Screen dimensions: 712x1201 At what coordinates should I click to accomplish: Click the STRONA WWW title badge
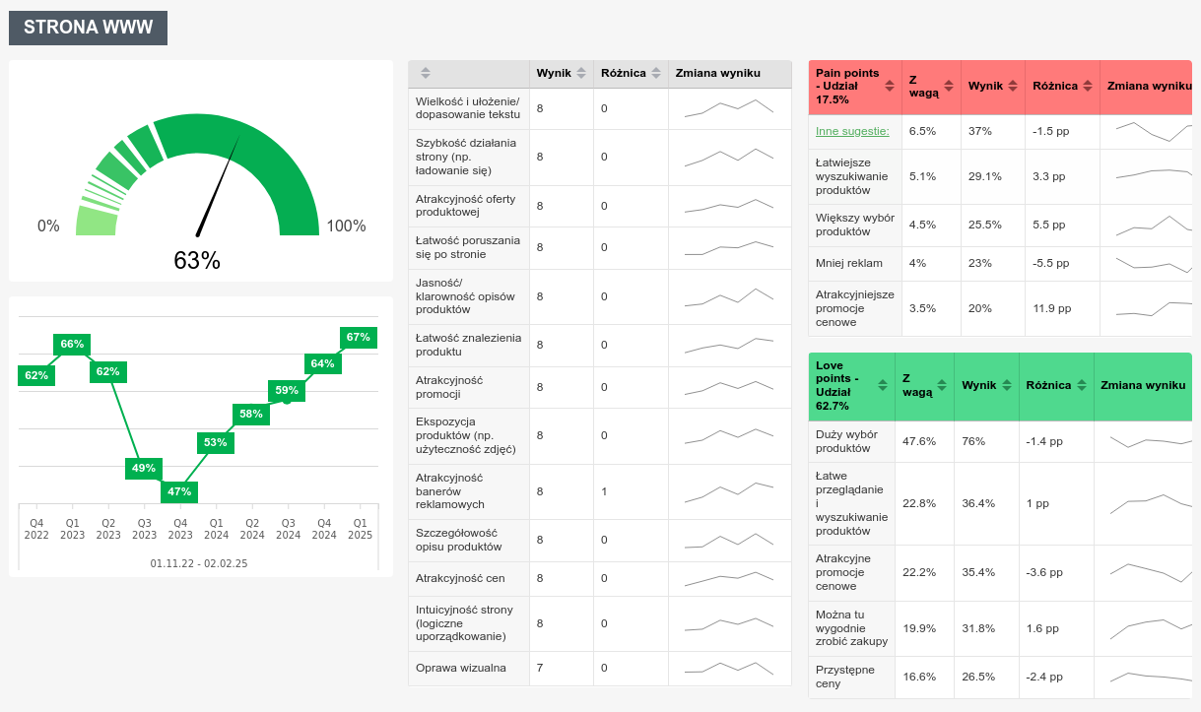tap(89, 28)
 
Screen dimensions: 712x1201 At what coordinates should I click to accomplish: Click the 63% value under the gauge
tap(197, 261)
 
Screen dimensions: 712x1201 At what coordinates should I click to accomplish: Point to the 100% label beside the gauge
tap(346, 226)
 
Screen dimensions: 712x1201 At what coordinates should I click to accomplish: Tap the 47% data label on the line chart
tap(179, 491)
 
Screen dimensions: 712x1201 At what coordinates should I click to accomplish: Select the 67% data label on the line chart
tap(359, 337)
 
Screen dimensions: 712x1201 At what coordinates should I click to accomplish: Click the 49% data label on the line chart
tap(144, 468)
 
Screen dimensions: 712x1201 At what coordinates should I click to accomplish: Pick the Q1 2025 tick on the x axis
tap(361, 529)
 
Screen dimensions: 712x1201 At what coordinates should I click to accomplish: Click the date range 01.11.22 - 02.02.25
tap(199, 563)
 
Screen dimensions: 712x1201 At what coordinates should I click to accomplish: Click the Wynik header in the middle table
tap(554, 73)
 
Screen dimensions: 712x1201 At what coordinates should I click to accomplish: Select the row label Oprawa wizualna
tap(461, 668)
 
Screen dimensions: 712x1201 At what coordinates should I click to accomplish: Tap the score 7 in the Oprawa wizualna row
tap(540, 668)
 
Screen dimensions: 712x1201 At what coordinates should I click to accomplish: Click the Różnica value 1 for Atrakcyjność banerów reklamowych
tap(604, 490)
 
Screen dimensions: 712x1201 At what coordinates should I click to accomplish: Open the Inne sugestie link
tap(852, 131)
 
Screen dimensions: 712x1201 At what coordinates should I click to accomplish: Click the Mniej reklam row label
tap(849, 263)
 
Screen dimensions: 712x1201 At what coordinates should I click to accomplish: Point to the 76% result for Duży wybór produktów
tap(973, 441)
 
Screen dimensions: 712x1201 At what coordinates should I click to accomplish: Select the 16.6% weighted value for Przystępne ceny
tap(919, 677)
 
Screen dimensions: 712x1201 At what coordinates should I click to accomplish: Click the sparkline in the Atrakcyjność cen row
tap(729, 578)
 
